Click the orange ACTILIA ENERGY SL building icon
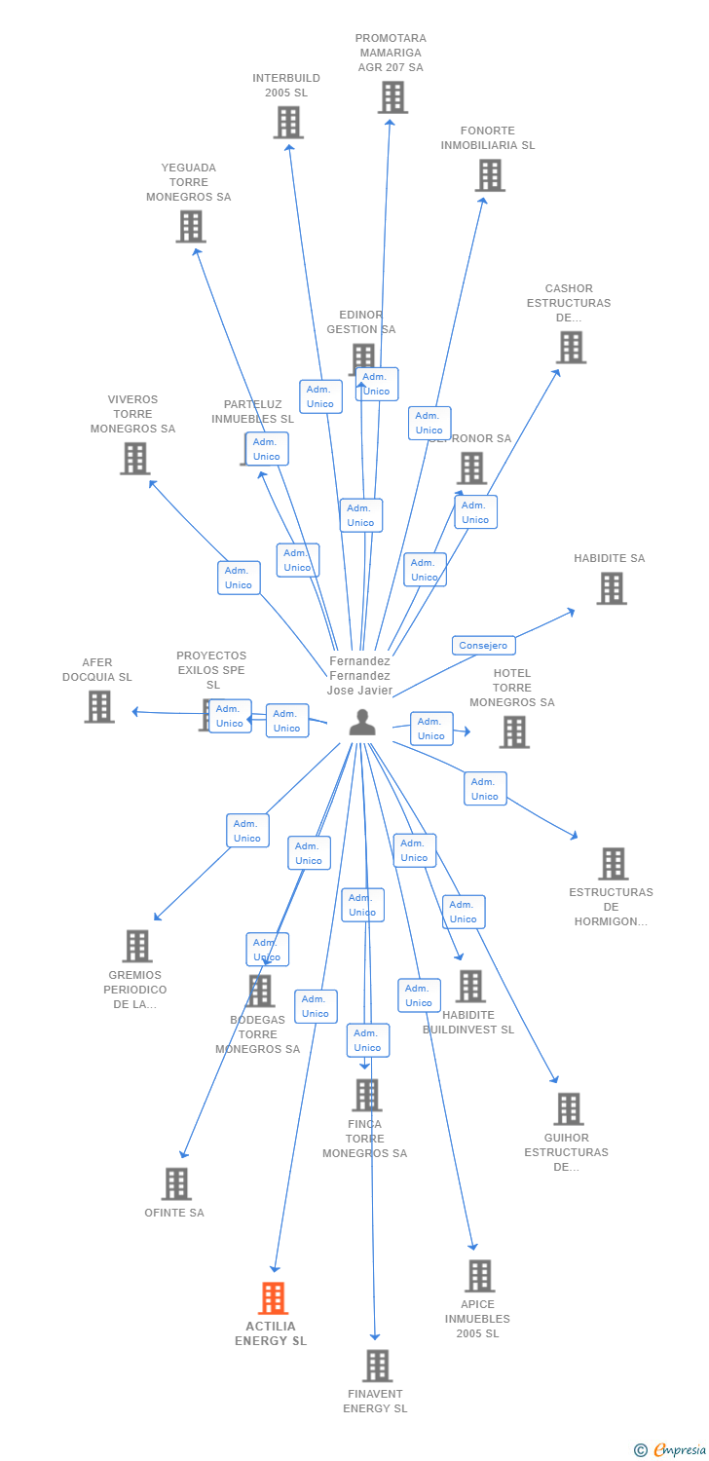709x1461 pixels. pyautogui.click(x=274, y=1298)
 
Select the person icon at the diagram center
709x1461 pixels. pyautogui.click(x=362, y=723)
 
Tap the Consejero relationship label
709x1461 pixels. pyautogui.click(x=483, y=645)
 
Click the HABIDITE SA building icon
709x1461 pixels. pyautogui.click(x=612, y=588)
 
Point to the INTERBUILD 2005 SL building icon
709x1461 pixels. pyautogui.click(x=287, y=122)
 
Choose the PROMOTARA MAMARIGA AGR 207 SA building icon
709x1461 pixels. pyautogui.click(x=392, y=97)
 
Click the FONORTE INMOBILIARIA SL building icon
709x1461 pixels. pyautogui.click(x=489, y=175)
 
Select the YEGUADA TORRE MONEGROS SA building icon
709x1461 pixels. pyautogui.click(x=191, y=226)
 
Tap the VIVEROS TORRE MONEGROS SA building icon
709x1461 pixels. pyautogui.click(x=134, y=458)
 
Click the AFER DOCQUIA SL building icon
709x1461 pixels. pyautogui.click(x=99, y=706)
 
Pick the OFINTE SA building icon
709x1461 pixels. pyautogui.click(x=176, y=1183)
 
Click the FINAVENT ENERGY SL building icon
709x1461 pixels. pyautogui.click(x=377, y=1366)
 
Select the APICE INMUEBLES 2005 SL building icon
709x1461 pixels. pyautogui.click(x=479, y=1276)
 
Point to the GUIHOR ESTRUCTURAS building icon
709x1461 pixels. pyautogui.click(x=569, y=1108)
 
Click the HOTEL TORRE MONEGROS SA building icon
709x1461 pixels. pyautogui.click(x=514, y=731)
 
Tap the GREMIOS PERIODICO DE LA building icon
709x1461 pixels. pyautogui.click(x=137, y=946)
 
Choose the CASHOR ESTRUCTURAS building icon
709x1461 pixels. pyautogui.click(x=571, y=347)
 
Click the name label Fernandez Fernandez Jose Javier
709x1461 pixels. pyautogui.click(x=359, y=676)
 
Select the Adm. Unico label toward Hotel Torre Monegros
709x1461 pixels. pyautogui.click(x=431, y=729)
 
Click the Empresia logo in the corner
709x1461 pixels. pyautogui.click(x=672, y=1450)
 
